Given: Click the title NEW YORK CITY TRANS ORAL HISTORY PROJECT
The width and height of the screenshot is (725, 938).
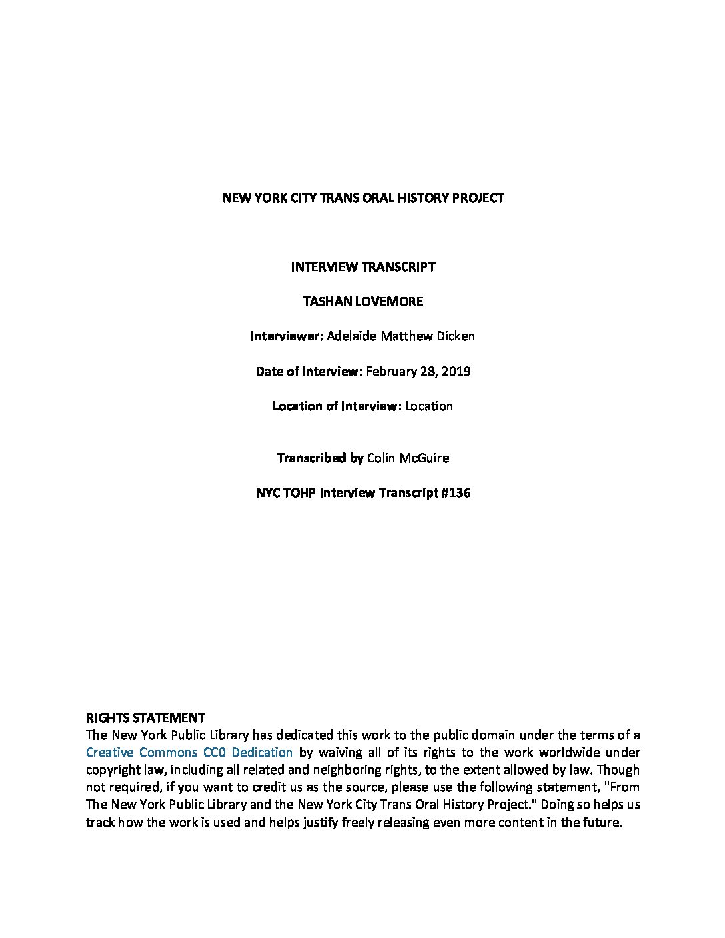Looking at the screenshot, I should [362, 198].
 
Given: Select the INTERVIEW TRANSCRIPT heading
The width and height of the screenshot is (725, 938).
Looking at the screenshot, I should [362, 267].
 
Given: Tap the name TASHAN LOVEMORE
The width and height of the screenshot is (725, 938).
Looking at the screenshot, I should [362, 302].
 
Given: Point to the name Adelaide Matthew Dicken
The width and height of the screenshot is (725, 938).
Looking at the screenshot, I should [400, 336].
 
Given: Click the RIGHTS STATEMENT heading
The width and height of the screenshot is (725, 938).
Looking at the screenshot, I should [145, 718].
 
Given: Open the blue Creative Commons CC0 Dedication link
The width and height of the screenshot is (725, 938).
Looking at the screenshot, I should [189, 753].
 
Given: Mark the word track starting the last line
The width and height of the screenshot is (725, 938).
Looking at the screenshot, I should [100, 822].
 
